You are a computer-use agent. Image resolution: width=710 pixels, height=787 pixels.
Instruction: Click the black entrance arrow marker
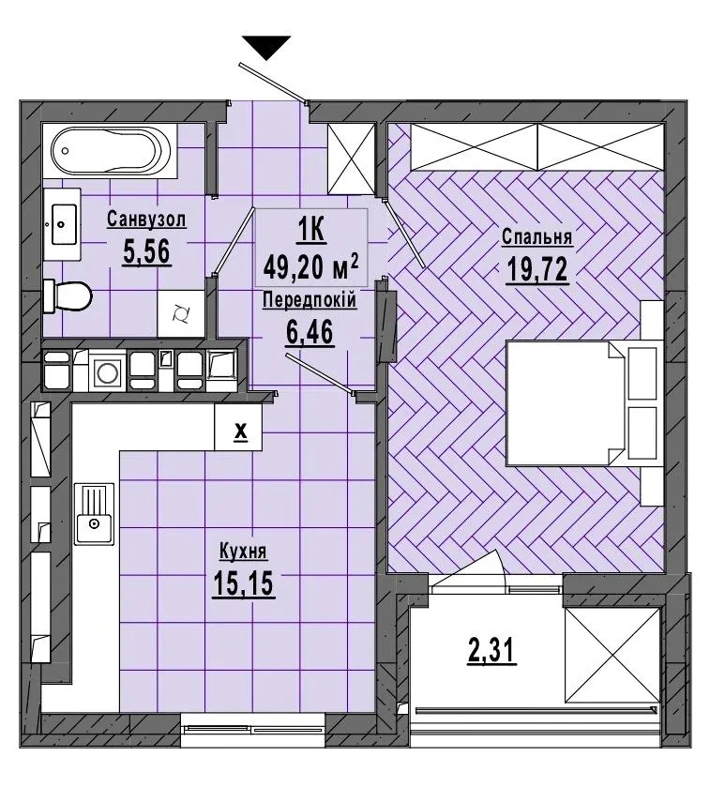pyautogui.click(x=266, y=48)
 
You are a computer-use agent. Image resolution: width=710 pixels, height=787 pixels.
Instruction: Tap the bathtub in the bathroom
pyautogui.click(x=111, y=150)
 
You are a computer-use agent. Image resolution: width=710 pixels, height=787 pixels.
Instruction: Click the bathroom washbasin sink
pyautogui.click(x=63, y=224)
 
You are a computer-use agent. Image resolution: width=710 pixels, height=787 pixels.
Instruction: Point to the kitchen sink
pyautogui.click(x=94, y=513)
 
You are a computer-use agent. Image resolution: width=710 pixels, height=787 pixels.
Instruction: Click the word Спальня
pyautogui.click(x=536, y=237)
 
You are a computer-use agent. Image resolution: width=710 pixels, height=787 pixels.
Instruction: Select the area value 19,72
pyautogui.click(x=536, y=270)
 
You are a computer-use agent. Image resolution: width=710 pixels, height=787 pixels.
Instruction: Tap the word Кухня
pyautogui.click(x=243, y=552)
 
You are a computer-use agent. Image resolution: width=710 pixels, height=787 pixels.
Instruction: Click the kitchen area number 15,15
pyautogui.click(x=243, y=583)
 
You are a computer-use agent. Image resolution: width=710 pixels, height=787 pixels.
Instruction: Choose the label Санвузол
pyautogui.click(x=146, y=219)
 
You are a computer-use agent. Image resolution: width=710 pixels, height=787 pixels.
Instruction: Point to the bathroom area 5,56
pyautogui.click(x=147, y=251)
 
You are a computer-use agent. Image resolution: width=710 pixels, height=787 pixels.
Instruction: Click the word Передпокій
pyautogui.click(x=310, y=300)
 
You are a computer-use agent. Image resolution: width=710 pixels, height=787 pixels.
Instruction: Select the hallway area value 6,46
pyautogui.click(x=310, y=332)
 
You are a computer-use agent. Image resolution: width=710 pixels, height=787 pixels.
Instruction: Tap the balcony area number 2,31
pyautogui.click(x=491, y=652)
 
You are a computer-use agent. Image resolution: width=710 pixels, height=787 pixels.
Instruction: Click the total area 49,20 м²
pyautogui.click(x=311, y=267)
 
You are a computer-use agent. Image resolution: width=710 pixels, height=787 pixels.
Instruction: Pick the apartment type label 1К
pyautogui.click(x=311, y=232)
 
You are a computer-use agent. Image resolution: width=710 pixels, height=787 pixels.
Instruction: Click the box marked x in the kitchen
pyautogui.click(x=238, y=427)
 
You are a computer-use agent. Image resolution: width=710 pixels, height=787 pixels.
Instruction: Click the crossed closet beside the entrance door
pyautogui.click(x=351, y=159)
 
